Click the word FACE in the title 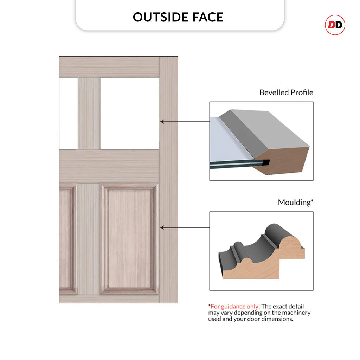tap(208, 17)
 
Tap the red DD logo tap(335, 25)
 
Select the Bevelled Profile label tap(286, 92)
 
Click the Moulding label tap(295, 202)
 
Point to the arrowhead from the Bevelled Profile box tap(162, 121)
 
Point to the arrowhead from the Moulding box tap(162, 227)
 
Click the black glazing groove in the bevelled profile tap(266, 162)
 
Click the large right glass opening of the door tap(130, 114)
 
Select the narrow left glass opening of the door tap(69, 114)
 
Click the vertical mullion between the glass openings tap(89, 114)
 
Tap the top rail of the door tap(109, 67)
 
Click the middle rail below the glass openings tap(109, 166)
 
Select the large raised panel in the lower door tap(130, 239)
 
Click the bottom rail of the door tap(109, 299)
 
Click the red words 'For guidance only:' tap(235, 307)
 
